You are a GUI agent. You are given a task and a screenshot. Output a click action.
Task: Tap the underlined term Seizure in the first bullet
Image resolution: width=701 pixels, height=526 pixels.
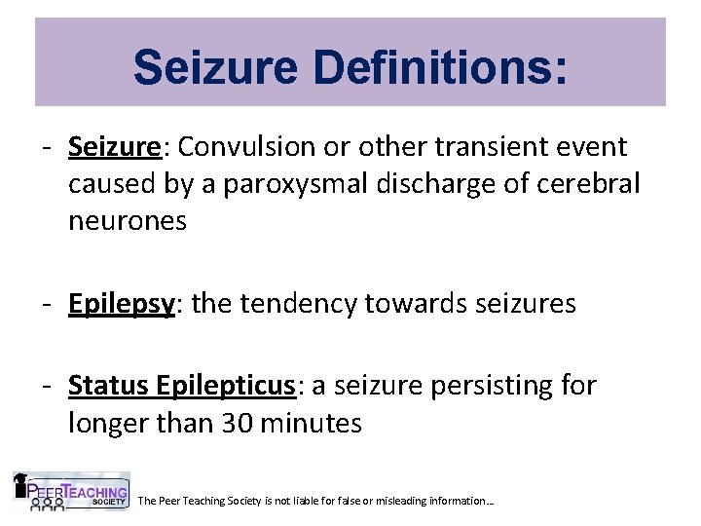point(113,147)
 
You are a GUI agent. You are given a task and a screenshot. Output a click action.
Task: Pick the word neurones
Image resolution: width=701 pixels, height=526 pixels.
point(127,220)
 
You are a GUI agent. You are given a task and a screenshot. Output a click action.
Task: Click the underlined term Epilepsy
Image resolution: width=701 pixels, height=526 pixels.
point(121,305)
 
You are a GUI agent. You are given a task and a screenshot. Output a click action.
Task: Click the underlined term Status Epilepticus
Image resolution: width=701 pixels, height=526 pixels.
point(181,387)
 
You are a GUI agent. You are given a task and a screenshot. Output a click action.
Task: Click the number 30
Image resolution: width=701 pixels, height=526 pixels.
point(248,424)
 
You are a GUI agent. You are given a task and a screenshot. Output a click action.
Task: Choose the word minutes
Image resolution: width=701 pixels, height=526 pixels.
point(315,424)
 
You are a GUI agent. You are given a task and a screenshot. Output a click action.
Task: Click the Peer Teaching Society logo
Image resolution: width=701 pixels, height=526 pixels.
point(70,492)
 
